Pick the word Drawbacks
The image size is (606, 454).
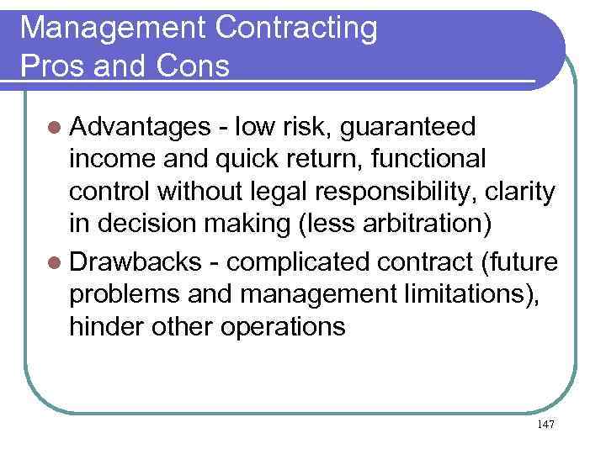[135, 262]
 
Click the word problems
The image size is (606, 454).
[125, 294]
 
